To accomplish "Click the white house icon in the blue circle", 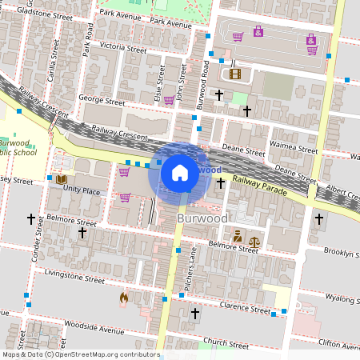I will coord(180,173).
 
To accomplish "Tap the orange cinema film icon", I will coord(234,74).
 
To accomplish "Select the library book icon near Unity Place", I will coord(61,178).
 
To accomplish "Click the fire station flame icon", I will coord(123,298).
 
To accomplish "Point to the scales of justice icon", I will coord(254,239).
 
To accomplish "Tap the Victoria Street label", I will coord(122,47).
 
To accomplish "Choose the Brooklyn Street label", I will coord(342,251).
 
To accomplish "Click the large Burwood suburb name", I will coord(202,218).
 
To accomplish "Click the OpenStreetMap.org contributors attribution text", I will coord(107,354).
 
